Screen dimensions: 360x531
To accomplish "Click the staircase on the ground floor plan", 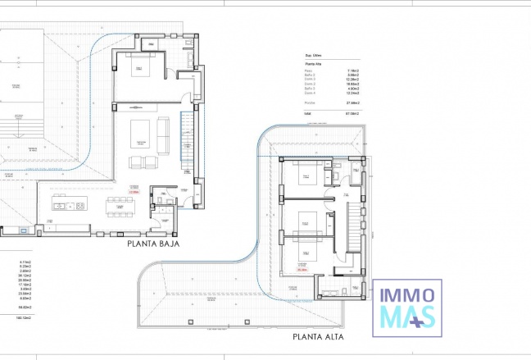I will click(187, 139).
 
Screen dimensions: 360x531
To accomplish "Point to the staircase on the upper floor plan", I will click(354, 226).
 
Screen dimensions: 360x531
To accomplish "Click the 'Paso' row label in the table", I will click(310, 71).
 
